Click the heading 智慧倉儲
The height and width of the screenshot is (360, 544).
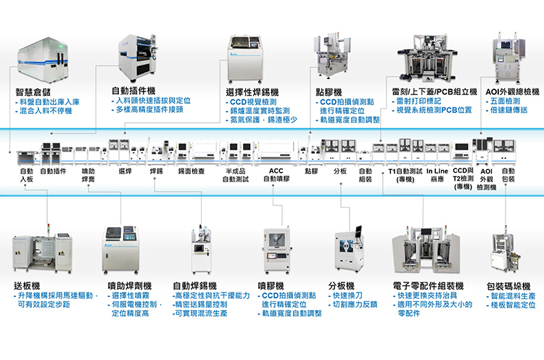[33, 93]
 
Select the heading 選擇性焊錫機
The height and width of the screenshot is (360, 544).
[254, 92]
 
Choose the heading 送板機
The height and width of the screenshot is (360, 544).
[28, 285]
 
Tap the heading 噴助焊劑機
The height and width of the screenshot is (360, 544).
[131, 286]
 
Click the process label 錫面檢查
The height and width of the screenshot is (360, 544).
[191, 172]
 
